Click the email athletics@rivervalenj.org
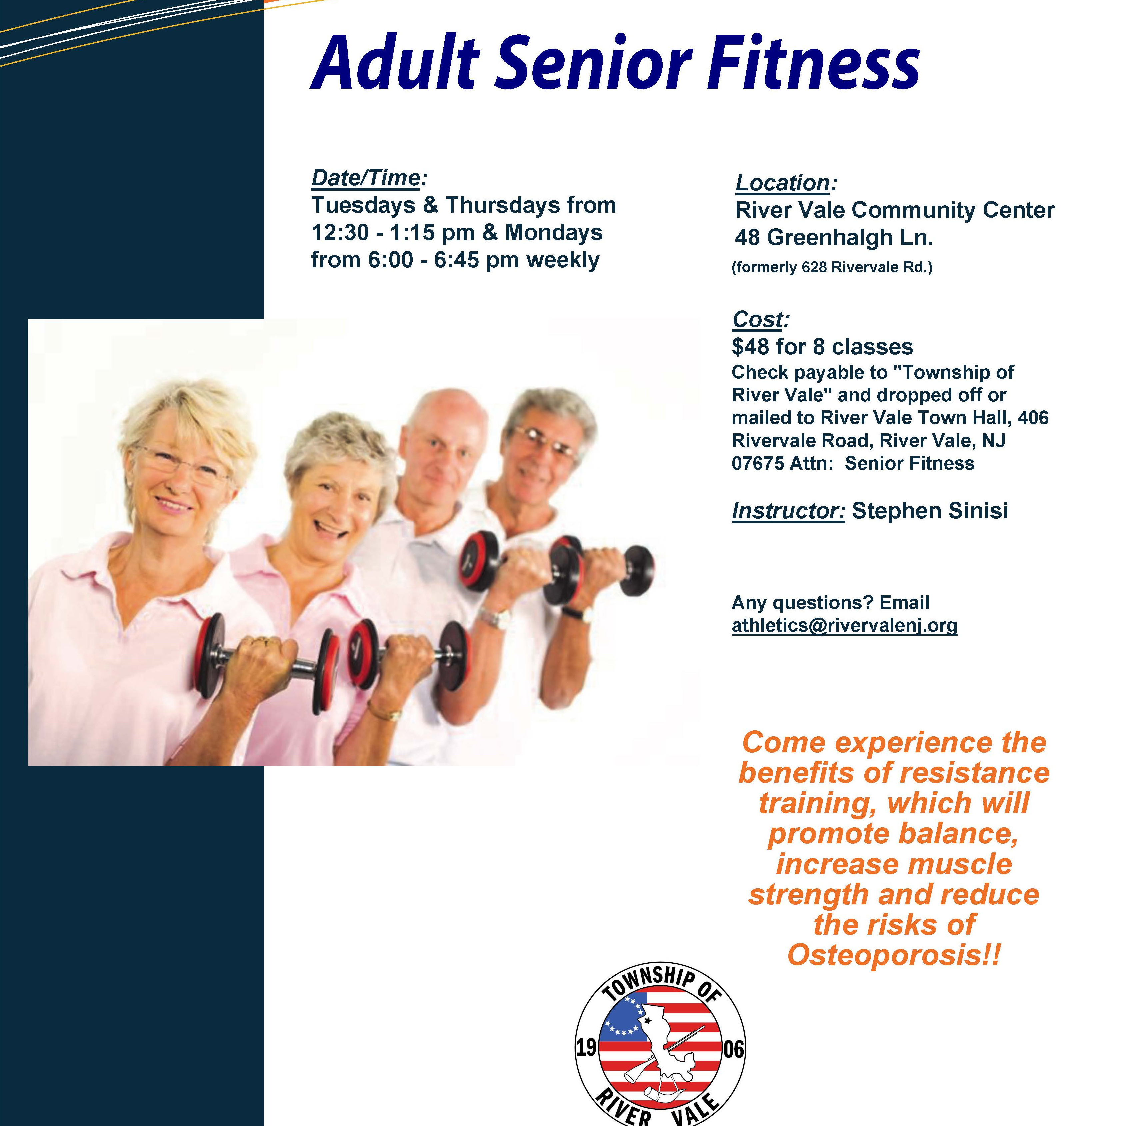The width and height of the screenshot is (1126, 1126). pos(844,626)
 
